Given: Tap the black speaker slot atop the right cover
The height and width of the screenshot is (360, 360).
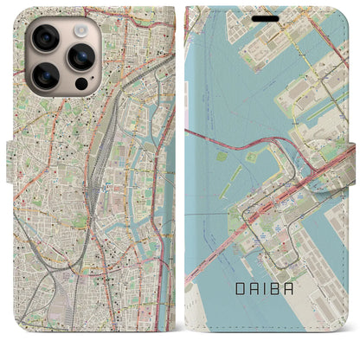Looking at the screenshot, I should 267,18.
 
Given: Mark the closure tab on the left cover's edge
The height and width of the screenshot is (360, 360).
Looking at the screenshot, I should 10,156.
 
